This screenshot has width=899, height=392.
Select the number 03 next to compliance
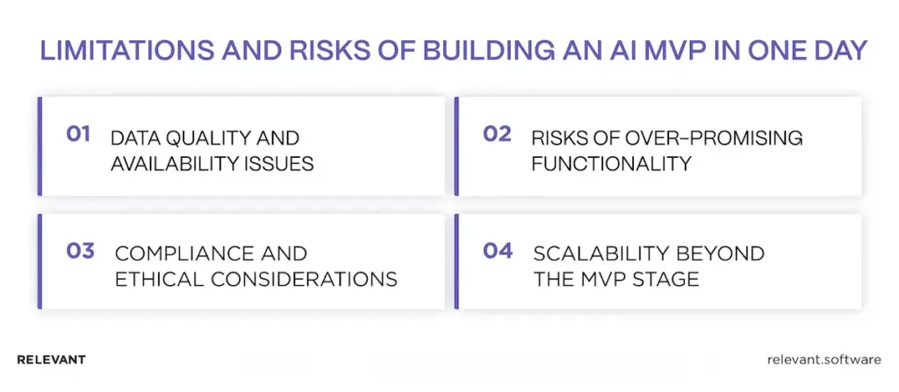(80, 250)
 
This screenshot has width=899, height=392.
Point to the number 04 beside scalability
(498, 250)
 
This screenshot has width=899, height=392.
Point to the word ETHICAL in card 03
(152, 280)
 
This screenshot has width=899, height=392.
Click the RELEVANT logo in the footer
(51, 360)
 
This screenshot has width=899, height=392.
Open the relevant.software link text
(823, 360)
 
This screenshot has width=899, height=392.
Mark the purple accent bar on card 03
(40, 264)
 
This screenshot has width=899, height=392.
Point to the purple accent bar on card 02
(457, 146)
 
